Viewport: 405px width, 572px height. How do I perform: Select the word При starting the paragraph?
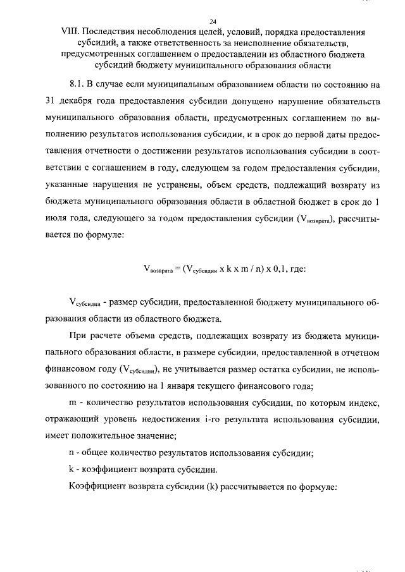coord(78,335)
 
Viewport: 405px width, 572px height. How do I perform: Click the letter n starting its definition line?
coord(71,453)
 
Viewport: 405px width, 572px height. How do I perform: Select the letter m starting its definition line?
coord(72,403)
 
